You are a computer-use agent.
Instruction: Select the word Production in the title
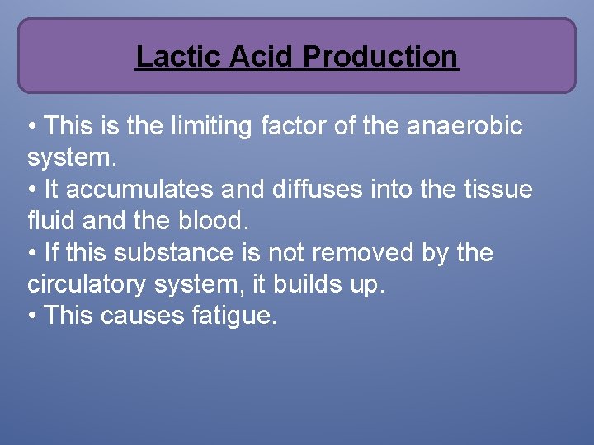380,57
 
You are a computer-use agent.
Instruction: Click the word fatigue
233,315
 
